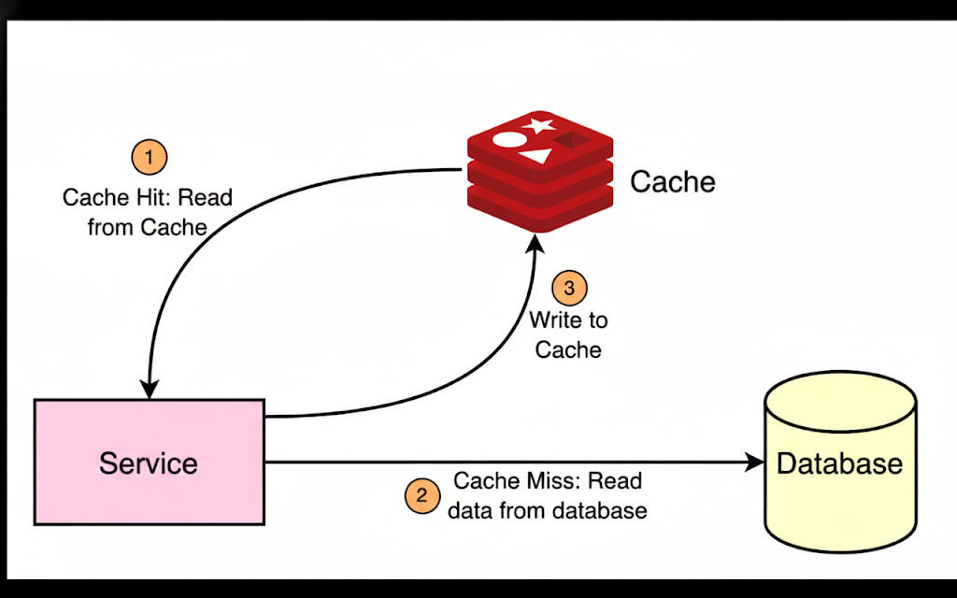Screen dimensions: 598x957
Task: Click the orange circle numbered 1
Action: [x=149, y=156]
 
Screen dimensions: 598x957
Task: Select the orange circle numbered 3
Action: [x=569, y=288]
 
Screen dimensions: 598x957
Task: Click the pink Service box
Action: [x=149, y=462]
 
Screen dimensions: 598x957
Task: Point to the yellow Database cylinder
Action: [x=839, y=463]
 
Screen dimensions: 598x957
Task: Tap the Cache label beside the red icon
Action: [x=673, y=181]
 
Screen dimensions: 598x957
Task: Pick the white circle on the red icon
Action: [x=509, y=140]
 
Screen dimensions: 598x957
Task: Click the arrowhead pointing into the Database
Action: [x=755, y=462]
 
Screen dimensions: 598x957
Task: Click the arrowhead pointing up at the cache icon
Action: [x=534, y=244]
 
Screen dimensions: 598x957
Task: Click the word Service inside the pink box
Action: [x=149, y=463]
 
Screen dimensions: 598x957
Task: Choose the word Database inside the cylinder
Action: [x=839, y=463]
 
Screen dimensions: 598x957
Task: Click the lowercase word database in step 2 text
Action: [x=599, y=511]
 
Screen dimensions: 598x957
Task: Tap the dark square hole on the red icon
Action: [x=568, y=140]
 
